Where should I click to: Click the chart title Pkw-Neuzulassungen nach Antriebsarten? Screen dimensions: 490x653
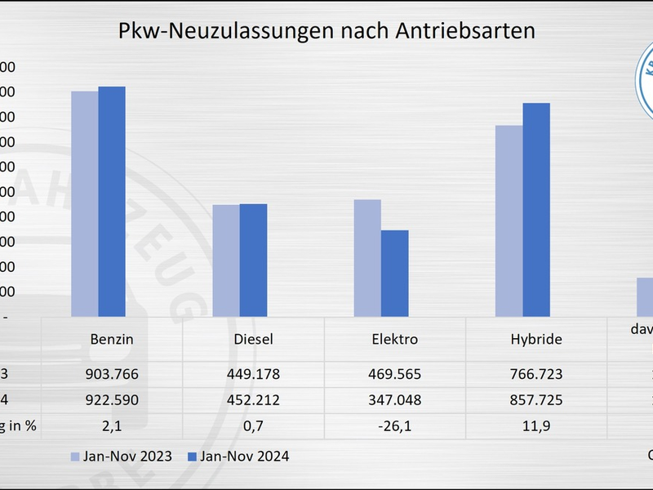[326, 31]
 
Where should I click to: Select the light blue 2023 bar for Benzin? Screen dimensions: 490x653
[85, 204]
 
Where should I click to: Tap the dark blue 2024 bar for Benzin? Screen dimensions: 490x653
[112, 202]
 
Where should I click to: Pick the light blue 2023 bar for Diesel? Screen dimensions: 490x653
[226, 261]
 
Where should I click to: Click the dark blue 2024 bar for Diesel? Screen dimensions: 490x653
[253, 260]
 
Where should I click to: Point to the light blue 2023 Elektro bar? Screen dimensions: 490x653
[367, 258]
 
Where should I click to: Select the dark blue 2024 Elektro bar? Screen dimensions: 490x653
[394, 274]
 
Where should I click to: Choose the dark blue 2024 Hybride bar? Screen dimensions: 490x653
[536, 210]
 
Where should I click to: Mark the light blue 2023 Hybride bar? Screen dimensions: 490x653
[509, 220]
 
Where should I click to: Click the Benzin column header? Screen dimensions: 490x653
[112, 339]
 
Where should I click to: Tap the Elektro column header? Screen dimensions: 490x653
[395, 339]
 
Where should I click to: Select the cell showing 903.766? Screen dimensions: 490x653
[112, 374]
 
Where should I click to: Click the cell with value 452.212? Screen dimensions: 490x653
[253, 400]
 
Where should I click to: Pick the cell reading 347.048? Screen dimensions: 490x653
[395, 400]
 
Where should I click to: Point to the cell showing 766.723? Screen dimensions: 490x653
[536, 374]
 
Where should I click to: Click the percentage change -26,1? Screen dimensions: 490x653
[395, 425]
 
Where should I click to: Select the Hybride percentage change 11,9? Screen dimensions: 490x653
[536, 425]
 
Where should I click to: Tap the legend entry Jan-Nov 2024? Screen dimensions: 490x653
[241, 457]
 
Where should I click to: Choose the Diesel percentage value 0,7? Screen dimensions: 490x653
[253, 425]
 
